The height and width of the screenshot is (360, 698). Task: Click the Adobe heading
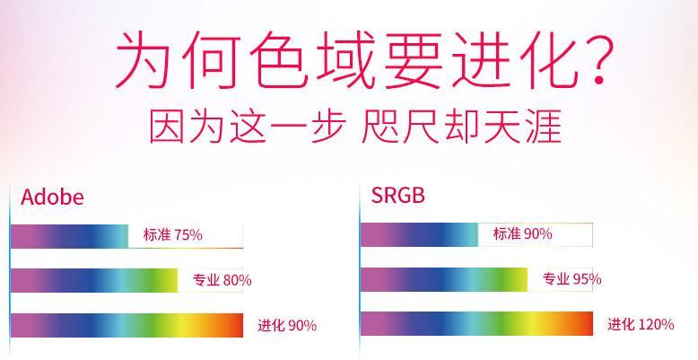point(52,197)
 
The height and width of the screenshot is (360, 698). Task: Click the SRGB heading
point(398,195)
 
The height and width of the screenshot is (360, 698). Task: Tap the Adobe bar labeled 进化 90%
point(127,325)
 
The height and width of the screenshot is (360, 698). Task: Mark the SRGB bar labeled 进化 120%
point(476,323)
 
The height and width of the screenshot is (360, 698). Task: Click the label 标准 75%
point(173,235)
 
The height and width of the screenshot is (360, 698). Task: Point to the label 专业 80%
point(222,280)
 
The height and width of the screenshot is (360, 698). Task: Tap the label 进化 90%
point(287,325)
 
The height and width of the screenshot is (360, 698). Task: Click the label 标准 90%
point(523,233)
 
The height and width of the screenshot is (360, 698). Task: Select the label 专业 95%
point(572,279)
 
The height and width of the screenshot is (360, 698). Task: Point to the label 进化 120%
point(641,324)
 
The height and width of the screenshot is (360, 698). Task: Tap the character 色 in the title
point(279,60)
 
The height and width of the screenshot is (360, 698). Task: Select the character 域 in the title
point(345,60)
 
